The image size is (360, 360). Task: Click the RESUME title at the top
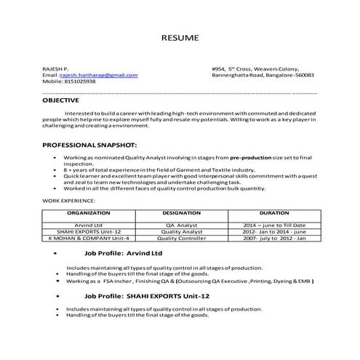point(180,37)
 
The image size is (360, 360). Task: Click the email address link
point(98,75)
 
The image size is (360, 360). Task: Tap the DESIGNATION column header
point(182,214)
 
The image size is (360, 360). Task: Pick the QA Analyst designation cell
point(182,225)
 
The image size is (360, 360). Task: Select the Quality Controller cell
point(182,238)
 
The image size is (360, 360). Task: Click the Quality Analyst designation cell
point(182,231)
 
